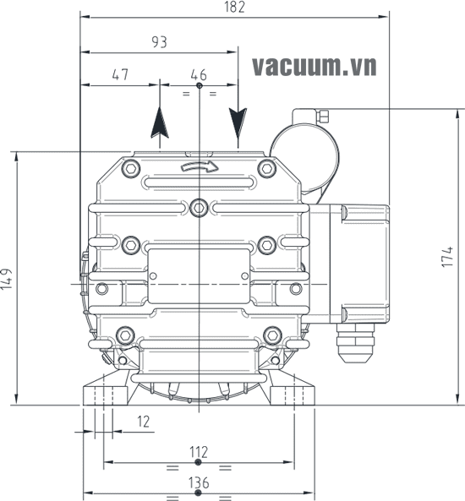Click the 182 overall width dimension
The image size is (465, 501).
[x=235, y=7]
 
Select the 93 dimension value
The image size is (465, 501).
[x=159, y=42]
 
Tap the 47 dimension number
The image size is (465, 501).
[x=120, y=74]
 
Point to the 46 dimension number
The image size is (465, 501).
[x=199, y=74]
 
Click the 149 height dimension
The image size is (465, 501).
[x=7, y=279]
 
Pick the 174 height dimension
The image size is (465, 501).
[x=447, y=257]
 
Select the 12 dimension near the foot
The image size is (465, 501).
[x=143, y=422]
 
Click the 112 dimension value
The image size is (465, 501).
[x=199, y=452]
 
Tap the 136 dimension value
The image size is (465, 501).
[x=199, y=482]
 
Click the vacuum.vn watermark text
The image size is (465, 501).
[x=314, y=67]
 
